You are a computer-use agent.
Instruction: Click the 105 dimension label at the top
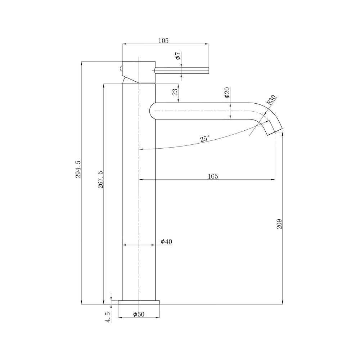click(163, 41)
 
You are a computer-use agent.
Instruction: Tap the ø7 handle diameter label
click(178, 56)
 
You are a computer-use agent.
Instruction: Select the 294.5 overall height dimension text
click(78, 170)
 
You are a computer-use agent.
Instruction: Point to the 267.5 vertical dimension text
click(100, 180)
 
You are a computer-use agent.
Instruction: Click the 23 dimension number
click(175, 92)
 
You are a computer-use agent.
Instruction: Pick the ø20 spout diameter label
click(227, 93)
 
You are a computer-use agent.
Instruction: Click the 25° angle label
click(205, 139)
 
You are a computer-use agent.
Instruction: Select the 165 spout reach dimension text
click(213, 176)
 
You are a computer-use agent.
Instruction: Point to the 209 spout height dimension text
click(279, 224)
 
